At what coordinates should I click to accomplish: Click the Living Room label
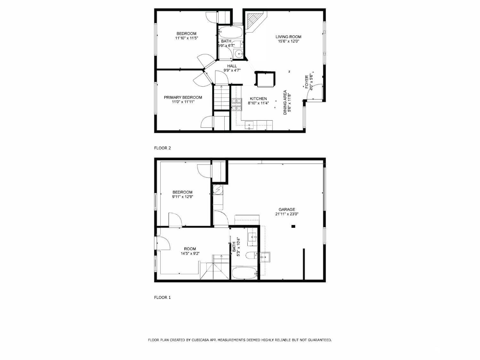tap(288, 37)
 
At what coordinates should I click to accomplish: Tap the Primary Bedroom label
tap(183, 98)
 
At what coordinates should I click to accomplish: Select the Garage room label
tap(287, 209)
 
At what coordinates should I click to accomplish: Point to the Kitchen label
tap(258, 99)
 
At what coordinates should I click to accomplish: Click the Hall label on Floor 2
tap(232, 66)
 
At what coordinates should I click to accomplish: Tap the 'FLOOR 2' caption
tap(163, 148)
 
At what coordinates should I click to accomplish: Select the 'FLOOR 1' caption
tap(163, 297)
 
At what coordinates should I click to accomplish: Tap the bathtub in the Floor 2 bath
tap(231, 32)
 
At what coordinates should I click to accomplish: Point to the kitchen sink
tap(249, 125)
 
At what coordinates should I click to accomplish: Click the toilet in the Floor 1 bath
tap(252, 255)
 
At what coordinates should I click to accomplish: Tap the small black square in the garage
tap(293, 227)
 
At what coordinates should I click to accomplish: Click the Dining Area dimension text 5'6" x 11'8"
tap(290, 102)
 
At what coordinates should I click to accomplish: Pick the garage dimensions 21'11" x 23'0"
tap(287, 214)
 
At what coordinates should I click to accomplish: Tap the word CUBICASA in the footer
tap(200, 340)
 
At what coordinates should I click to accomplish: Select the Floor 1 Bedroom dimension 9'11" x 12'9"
tap(183, 197)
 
